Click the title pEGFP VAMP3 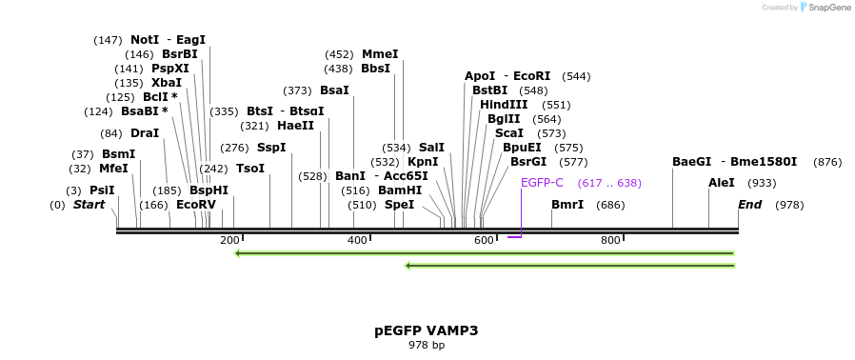coord(426,330)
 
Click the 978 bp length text coord(426,345)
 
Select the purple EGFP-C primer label coord(542,183)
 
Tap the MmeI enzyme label coord(380,54)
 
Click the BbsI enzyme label coord(375,69)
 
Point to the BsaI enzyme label coord(334,90)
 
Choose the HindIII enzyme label coord(504,105)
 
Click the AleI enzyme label coord(722,183)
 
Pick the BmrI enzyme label coord(567,205)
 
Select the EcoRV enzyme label coord(196,205)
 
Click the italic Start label coord(89,205)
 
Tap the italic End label coord(750,205)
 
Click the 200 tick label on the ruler coord(229,240)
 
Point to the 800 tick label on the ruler coord(610,240)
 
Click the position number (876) coord(827,162)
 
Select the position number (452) coord(339,54)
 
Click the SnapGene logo coord(825,8)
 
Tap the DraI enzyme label coord(145,133)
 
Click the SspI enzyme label coord(271,148)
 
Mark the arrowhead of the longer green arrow coord(238,253)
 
